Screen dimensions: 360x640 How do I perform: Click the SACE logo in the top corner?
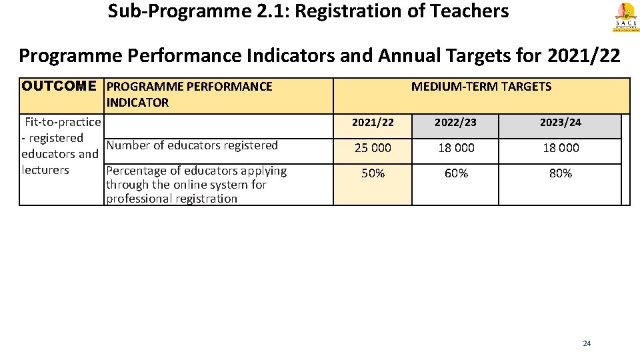pyautogui.click(x=625, y=16)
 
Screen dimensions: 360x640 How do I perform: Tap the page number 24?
pyautogui.click(x=587, y=343)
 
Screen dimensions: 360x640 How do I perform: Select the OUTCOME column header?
pyautogui.click(x=59, y=86)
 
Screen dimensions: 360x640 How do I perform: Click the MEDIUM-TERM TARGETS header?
pyautogui.click(x=481, y=86)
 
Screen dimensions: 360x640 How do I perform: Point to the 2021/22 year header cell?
pyautogui.click(x=372, y=123)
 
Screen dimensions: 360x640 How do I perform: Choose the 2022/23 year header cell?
pyautogui.click(x=456, y=123)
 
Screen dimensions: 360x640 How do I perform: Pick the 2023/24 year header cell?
pyautogui.click(x=561, y=123)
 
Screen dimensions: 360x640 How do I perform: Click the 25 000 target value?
pyautogui.click(x=373, y=148)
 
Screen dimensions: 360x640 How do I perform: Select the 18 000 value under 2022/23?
pyautogui.click(x=456, y=148)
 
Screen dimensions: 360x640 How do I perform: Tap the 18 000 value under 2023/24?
pyautogui.click(x=561, y=148)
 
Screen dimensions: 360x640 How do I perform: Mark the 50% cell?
pyautogui.click(x=373, y=173)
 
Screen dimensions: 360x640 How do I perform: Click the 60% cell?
pyautogui.click(x=456, y=173)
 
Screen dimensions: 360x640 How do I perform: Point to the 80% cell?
pyautogui.click(x=561, y=173)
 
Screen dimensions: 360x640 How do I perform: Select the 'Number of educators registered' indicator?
pyautogui.click(x=192, y=145)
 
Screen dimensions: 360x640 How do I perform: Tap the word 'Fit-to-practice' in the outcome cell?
pyautogui.click(x=63, y=122)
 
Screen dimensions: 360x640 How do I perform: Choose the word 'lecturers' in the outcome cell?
pyautogui.click(x=45, y=170)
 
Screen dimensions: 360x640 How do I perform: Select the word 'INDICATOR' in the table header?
pyautogui.click(x=137, y=103)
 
